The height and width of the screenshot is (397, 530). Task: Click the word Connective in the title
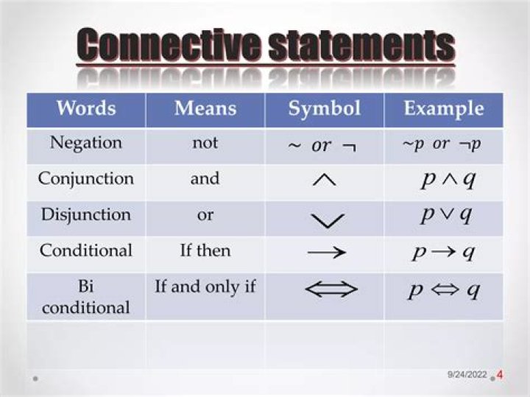click(169, 45)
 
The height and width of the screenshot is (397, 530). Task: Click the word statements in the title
click(361, 45)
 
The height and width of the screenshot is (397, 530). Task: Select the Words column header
click(86, 109)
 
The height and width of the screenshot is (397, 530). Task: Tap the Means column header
click(205, 109)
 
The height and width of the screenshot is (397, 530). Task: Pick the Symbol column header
click(325, 109)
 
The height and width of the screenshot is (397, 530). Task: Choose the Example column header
click(444, 109)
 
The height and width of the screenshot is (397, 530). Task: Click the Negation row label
click(86, 143)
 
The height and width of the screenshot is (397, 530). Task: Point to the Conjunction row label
click(86, 179)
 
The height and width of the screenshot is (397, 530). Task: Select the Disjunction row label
click(86, 214)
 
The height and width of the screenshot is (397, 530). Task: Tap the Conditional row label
click(86, 250)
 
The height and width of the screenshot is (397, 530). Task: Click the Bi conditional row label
click(86, 296)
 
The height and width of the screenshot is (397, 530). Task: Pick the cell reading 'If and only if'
click(205, 287)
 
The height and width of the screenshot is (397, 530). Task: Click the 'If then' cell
click(205, 250)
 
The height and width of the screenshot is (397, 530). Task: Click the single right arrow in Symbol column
click(326, 253)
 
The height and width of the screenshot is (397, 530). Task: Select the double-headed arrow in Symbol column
click(331, 290)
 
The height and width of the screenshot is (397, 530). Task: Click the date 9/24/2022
click(467, 376)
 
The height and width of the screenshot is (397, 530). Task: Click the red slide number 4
click(500, 375)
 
